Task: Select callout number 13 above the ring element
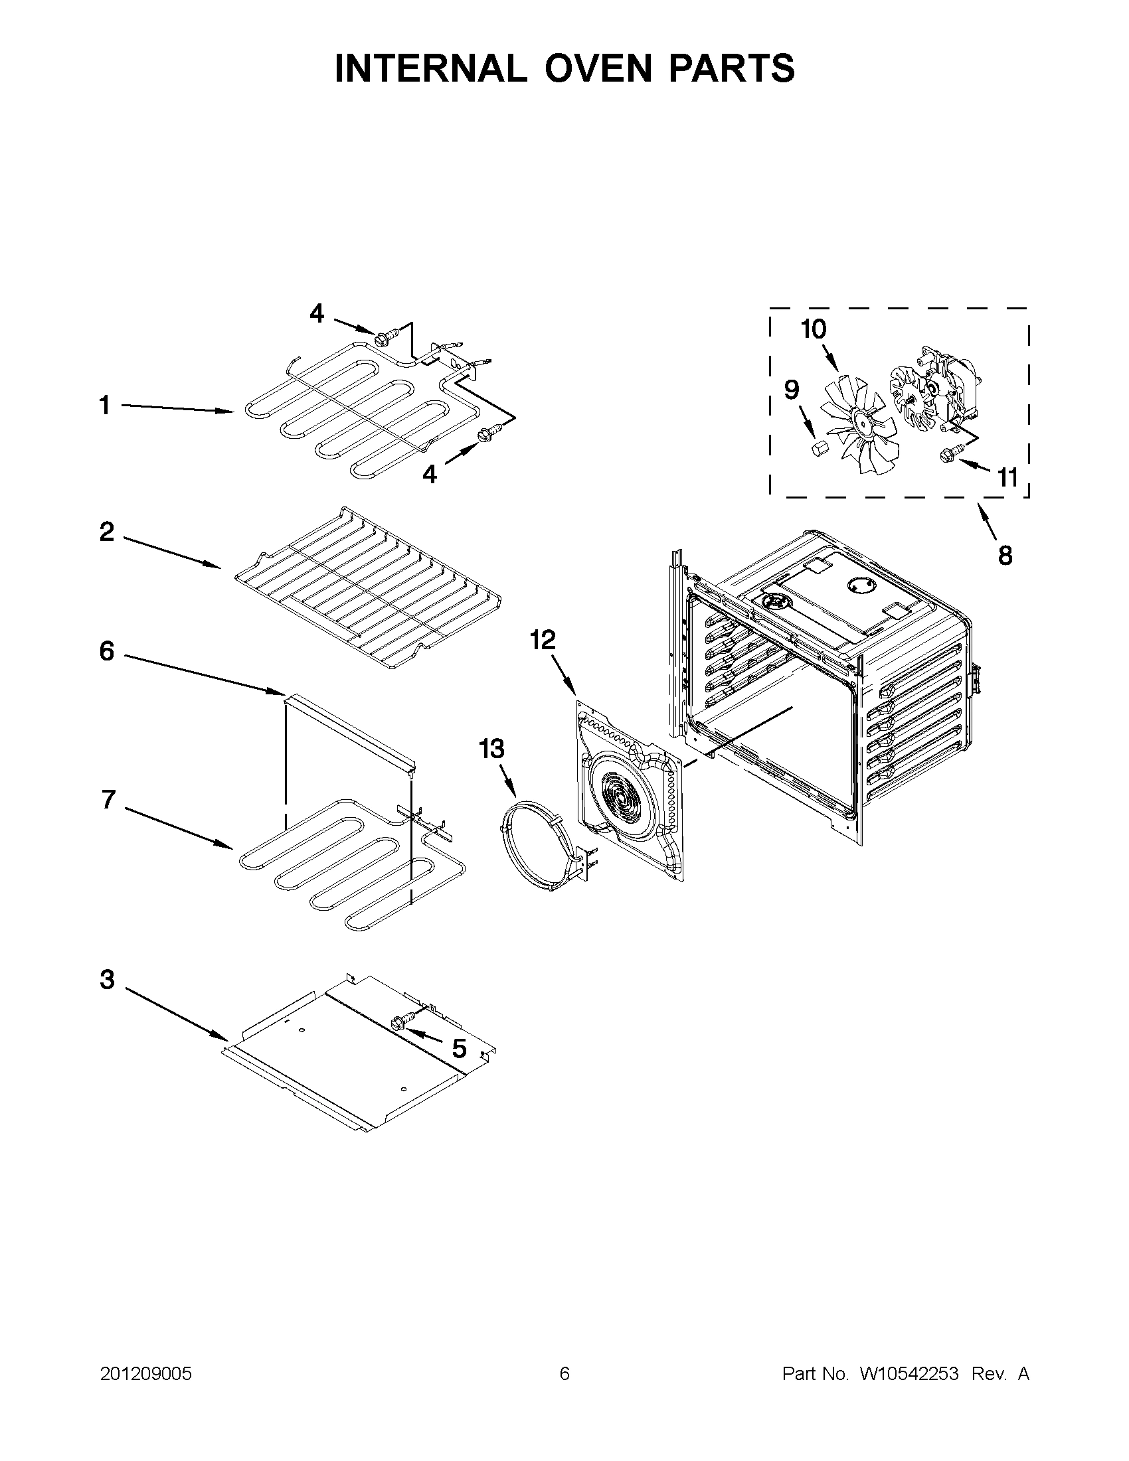pos(491,749)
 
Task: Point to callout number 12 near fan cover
pos(543,640)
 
